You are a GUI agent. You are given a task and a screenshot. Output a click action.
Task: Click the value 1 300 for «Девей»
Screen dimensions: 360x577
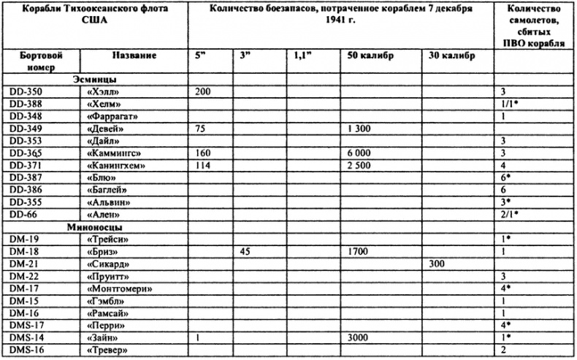coord(359,129)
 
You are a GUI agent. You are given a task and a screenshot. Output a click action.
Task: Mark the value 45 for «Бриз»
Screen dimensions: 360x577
coord(246,251)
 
